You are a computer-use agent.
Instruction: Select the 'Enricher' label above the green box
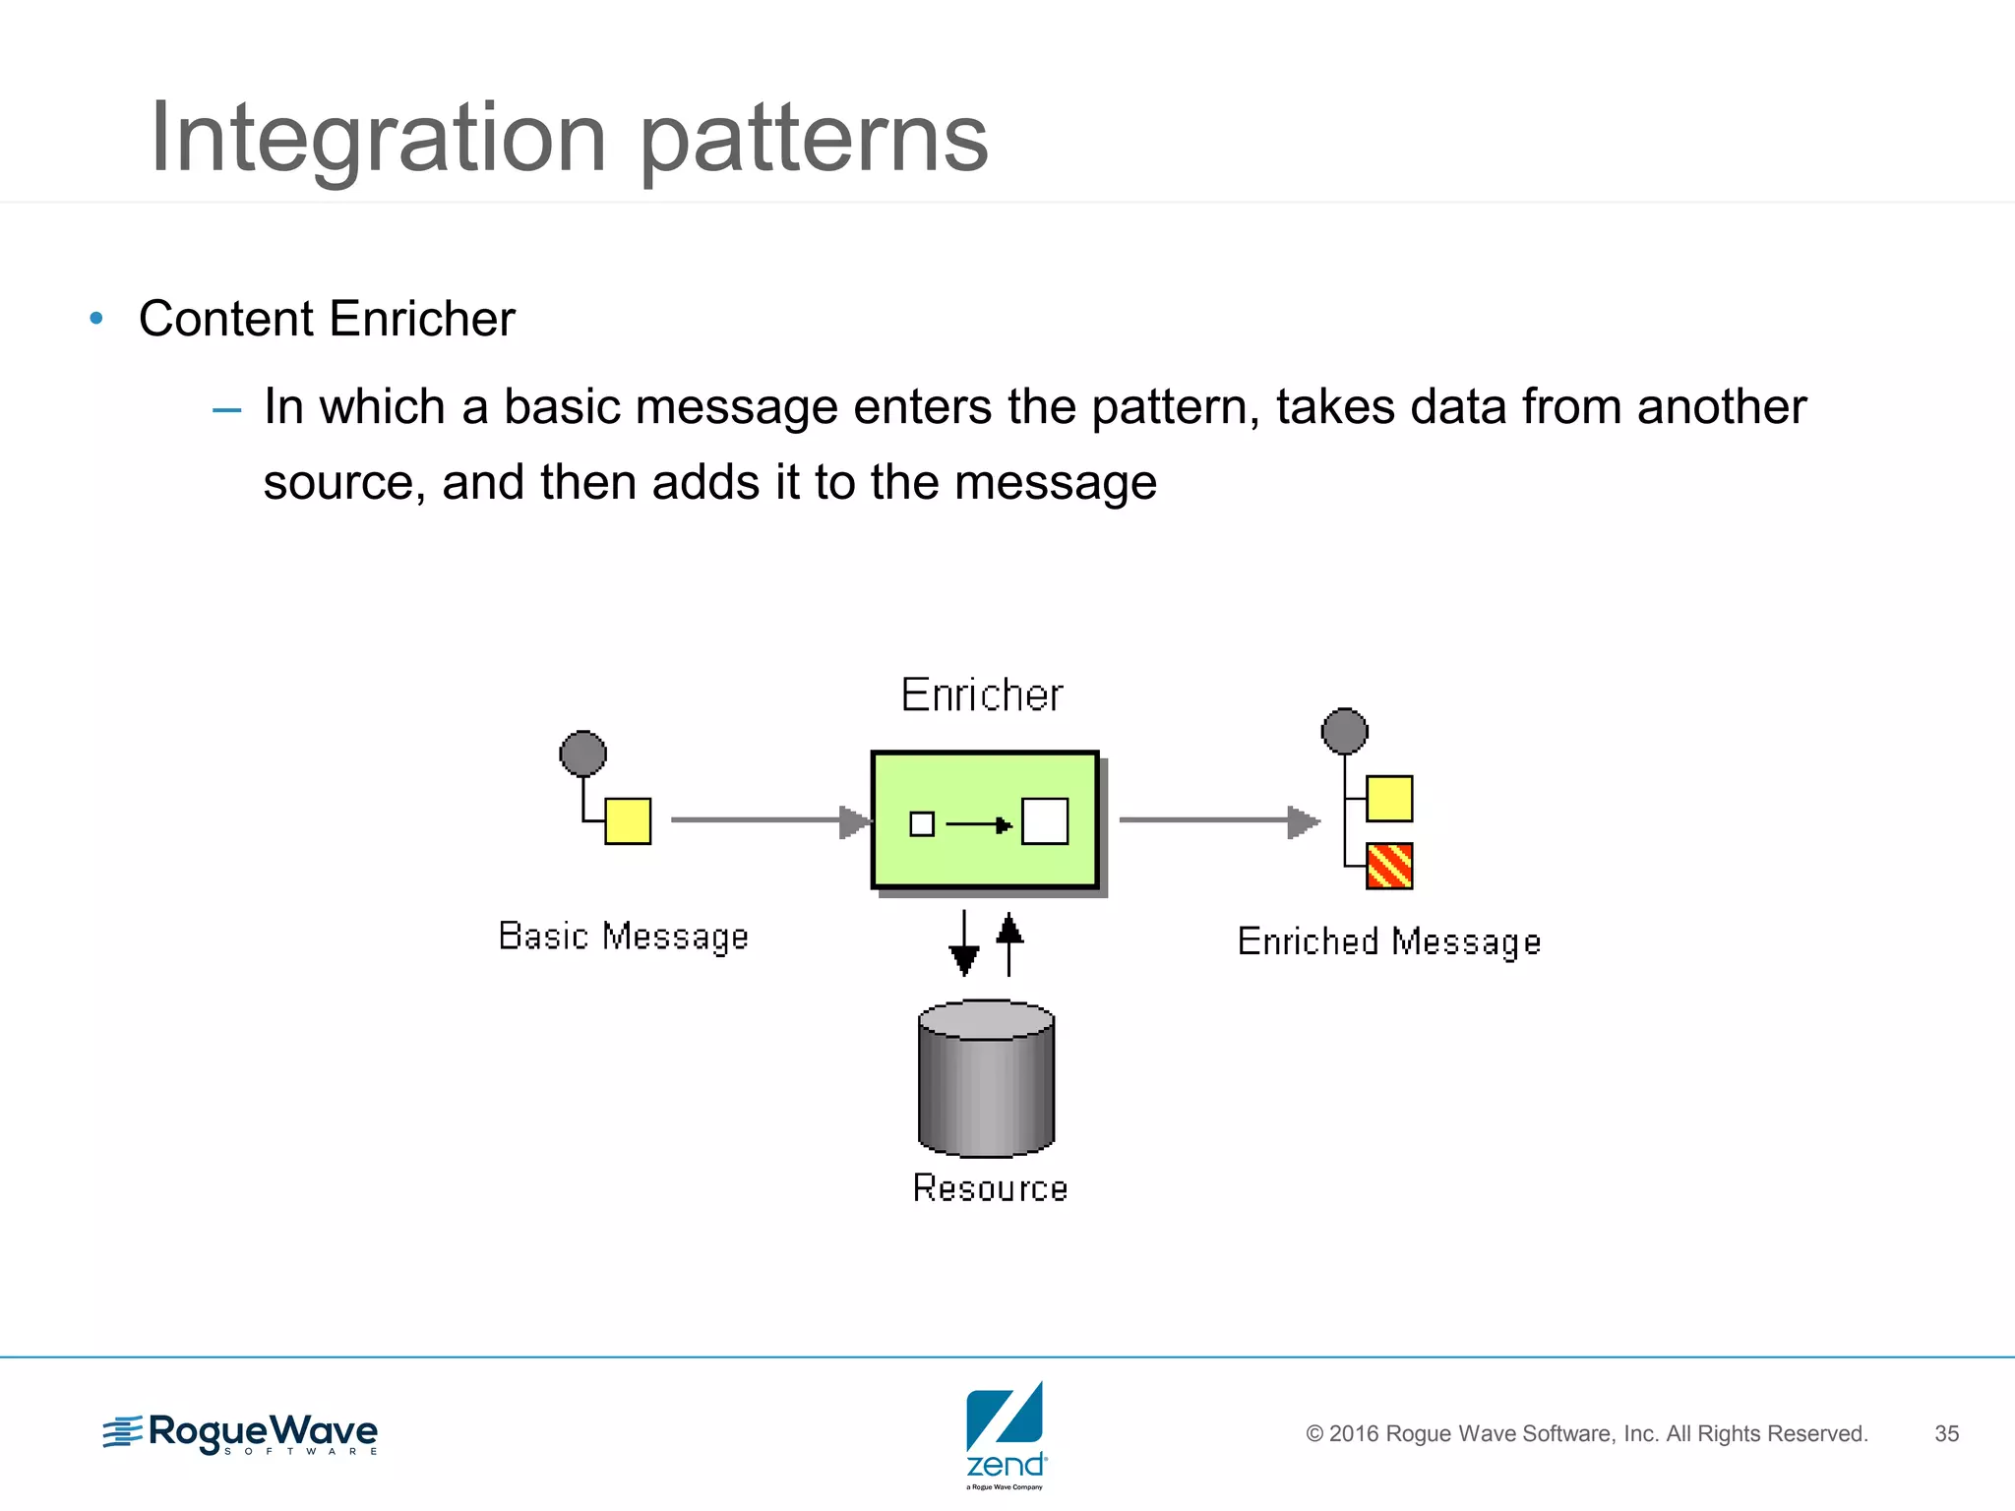(x=982, y=695)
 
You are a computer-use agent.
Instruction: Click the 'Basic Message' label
(x=624, y=937)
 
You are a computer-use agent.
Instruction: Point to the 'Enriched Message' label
(x=1388, y=942)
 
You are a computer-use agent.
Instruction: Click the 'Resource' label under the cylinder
(x=990, y=1188)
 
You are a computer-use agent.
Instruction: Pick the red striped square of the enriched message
(x=1389, y=866)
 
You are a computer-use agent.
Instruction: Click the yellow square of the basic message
(x=628, y=820)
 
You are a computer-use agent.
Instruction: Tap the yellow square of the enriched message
(x=1389, y=798)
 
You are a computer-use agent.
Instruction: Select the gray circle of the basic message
(x=582, y=754)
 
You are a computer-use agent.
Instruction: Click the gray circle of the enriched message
(x=1344, y=731)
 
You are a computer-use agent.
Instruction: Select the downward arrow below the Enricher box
(x=964, y=943)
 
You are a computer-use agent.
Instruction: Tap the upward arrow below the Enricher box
(x=1009, y=943)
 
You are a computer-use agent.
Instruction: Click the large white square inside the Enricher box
(x=1045, y=821)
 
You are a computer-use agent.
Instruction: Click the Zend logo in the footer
(x=1006, y=1434)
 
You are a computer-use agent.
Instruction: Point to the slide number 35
(x=1946, y=1433)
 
